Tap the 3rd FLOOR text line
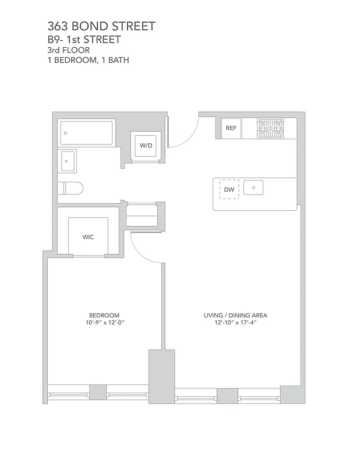(69, 50)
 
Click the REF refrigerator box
(231, 128)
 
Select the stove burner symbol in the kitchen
(270, 128)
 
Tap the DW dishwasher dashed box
(229, 190)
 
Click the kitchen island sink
(254, 188)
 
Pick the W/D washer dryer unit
(144, 145)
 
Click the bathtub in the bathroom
(86, 133)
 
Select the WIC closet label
(88, 237)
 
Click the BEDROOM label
(104, 315)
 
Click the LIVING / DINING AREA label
(235, 315)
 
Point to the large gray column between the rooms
(162, 376)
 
